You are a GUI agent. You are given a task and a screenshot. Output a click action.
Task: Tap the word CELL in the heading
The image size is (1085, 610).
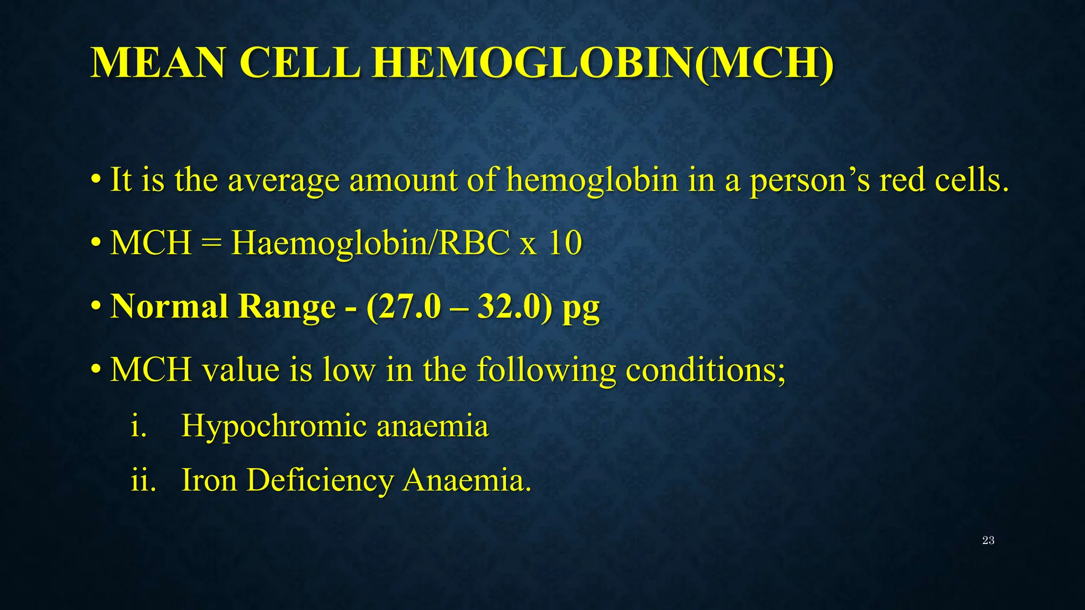click(300, 63)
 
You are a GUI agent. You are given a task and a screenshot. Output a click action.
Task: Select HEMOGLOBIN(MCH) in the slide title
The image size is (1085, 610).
click(602, 63)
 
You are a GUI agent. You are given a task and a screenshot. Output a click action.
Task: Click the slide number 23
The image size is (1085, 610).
click(988, 541)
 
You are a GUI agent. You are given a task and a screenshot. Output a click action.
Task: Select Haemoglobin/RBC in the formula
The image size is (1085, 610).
click(370, 244)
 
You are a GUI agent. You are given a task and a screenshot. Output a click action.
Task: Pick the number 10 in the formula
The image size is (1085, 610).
click(565, 244)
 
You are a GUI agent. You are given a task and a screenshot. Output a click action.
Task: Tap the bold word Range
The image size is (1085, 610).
click(287, 308)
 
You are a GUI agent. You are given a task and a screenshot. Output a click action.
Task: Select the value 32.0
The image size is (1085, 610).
click(511, 307)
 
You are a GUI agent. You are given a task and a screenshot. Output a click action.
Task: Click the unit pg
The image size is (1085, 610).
click(581, 310)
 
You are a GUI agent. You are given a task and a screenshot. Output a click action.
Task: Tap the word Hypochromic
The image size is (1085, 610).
click(273, 426)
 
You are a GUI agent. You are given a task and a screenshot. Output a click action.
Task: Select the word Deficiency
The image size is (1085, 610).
click(319, 481)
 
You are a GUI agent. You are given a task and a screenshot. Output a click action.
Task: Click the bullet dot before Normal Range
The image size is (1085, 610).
click(96, 307)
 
